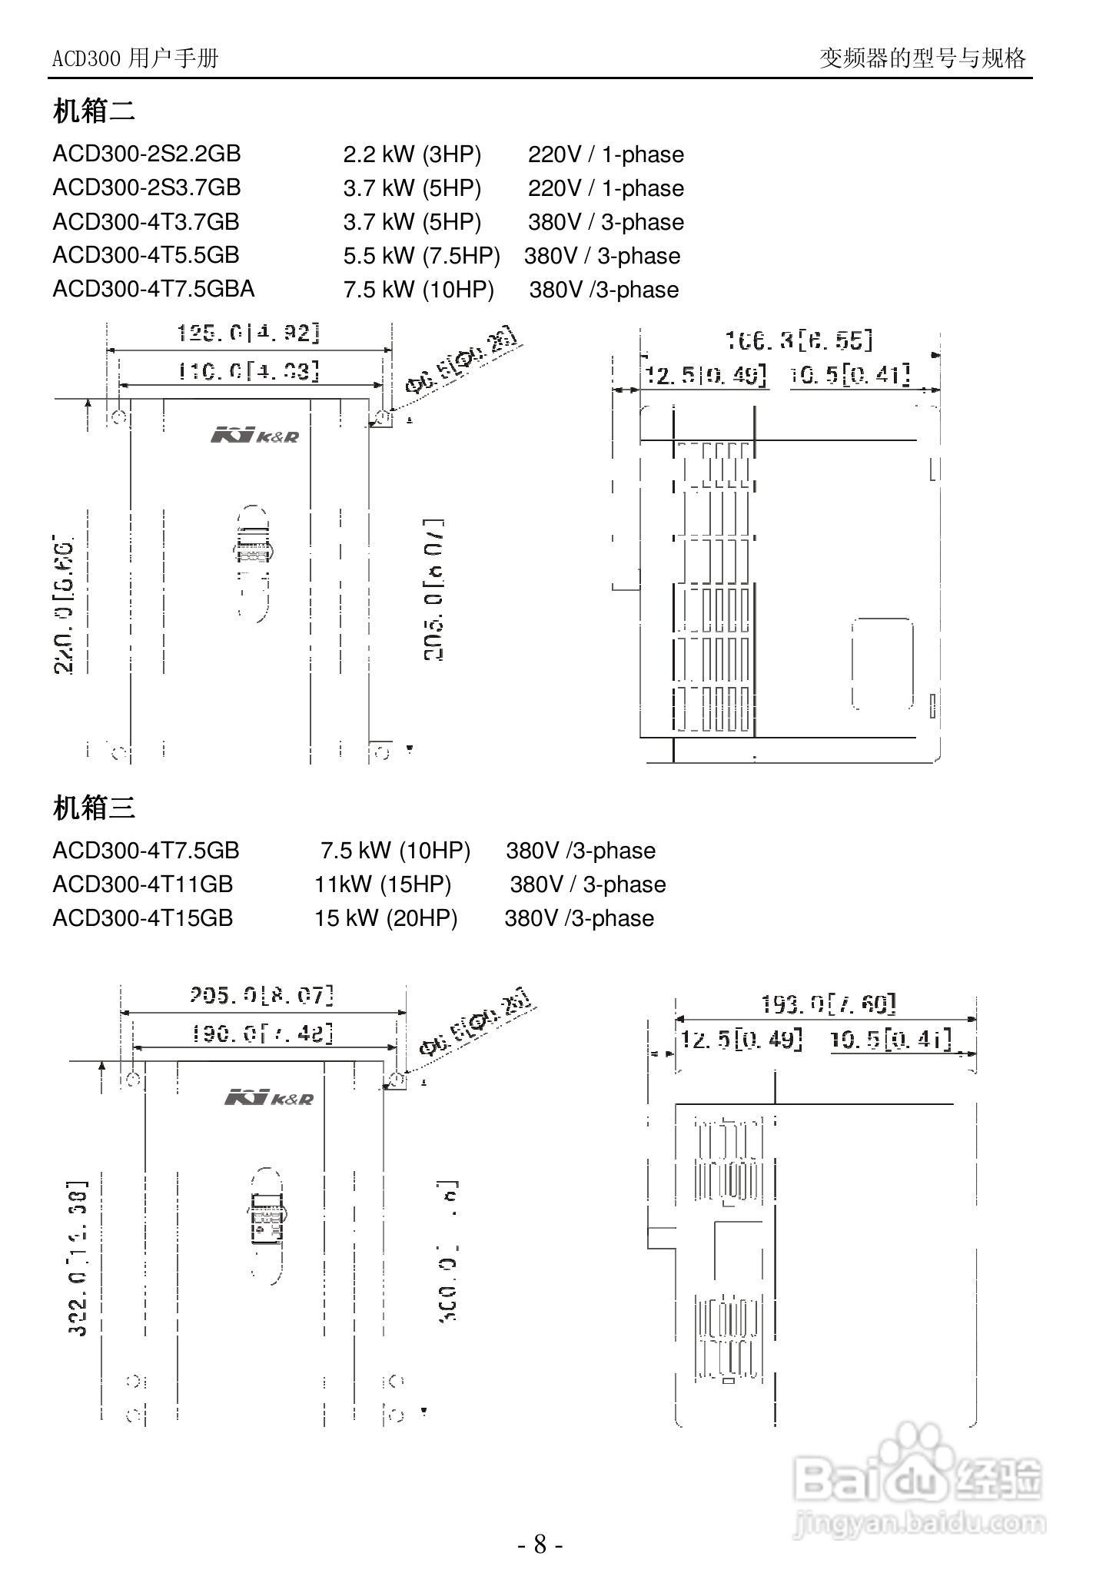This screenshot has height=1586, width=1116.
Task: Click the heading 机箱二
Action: click(x=94, y=111)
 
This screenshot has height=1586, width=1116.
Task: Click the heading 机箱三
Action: click(x=94, y=808)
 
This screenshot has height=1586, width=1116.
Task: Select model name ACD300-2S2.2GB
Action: click(x=147, y=154)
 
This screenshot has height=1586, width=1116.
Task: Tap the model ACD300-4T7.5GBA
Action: click(x=153, y=289)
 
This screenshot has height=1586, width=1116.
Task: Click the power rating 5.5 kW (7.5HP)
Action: click(x=421, y=256)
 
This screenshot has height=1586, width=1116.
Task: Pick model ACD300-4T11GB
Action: click(x=143, y=884)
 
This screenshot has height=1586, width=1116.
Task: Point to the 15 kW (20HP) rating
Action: click(x=386, y=918)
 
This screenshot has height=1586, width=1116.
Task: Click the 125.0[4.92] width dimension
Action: click(x=248, y=333)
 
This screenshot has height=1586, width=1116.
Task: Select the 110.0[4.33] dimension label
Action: click(x=248, y=372)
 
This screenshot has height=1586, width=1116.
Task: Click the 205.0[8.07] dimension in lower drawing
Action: click(x=262, y=996)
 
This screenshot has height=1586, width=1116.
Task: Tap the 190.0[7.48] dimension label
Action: click(x=262, y=1034)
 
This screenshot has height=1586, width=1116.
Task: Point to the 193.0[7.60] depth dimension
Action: click(x=829, y=1004)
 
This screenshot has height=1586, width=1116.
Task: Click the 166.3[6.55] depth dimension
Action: click(x=799, y=340)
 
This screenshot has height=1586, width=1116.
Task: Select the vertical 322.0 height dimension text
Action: click(x=78, y=1258)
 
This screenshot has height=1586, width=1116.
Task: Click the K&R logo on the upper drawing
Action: click(x=254, y=436)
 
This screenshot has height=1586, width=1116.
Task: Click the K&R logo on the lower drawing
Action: click(x=269, y=1098)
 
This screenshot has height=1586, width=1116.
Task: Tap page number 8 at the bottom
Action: click(x=540, y=1544)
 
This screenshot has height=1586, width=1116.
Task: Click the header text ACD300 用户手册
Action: click(x=135, y=58)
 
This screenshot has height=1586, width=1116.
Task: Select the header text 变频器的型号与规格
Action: click(x=922, y=58)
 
